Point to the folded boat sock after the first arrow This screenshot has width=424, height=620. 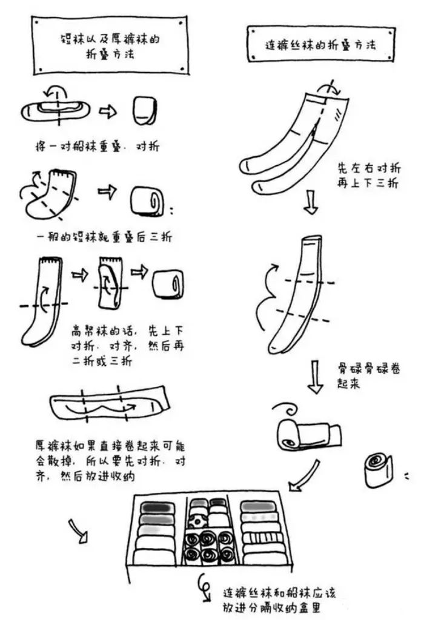pyautogui.click(x=144, y=110)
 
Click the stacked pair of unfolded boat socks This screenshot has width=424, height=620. pyautogui.click(x=55, y=109)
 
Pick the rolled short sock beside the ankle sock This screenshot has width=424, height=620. pyautogui.click(x=149, y=201)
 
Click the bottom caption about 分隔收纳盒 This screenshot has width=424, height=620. pyautogui.click(x=285, y=599)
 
